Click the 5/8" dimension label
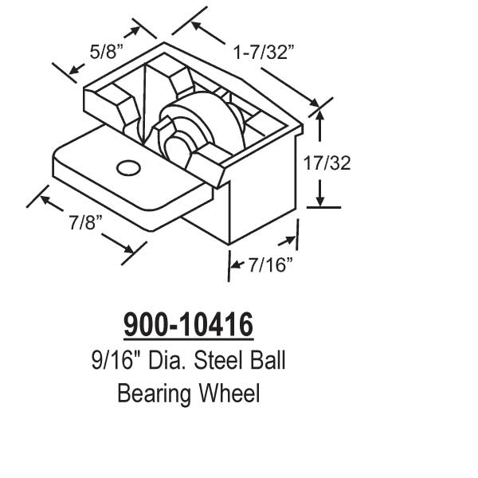[107, 53]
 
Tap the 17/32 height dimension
[327, 163]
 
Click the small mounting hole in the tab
[126, 167]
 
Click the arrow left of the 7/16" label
[236, 264]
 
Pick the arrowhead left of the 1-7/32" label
[196, 29]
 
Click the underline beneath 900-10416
[188, 340]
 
